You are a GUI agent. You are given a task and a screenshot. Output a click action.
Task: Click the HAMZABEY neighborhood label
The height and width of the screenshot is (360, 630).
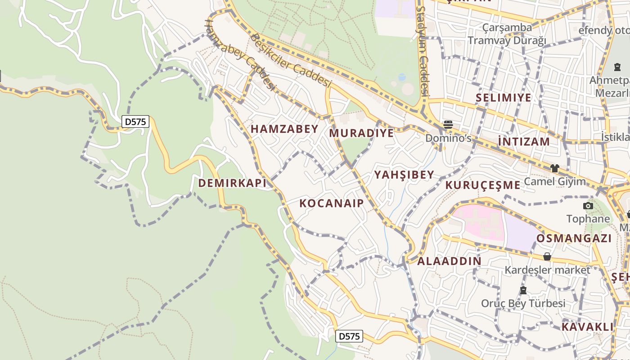[x=284, y=129]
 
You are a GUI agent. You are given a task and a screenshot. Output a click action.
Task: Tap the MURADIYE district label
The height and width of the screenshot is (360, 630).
[x=361, y=133]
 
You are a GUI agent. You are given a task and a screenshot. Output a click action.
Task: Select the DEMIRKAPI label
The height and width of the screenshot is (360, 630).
[x=232, y=183]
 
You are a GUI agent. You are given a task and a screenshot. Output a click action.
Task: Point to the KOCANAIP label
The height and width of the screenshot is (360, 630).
[x=332, y=203]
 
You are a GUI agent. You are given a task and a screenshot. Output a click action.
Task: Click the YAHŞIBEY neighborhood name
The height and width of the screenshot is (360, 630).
[x=404, y=175]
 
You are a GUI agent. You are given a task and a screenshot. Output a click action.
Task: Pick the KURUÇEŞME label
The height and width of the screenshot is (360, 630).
[x=483, y=185]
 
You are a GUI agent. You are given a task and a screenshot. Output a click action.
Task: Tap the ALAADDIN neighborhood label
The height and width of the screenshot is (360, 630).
[x=449, y=261]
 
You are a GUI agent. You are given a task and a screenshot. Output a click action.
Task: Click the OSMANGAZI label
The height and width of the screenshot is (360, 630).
[x=574, y=238]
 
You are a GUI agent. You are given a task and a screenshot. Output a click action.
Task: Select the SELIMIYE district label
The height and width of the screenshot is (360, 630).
[x=504, y=98]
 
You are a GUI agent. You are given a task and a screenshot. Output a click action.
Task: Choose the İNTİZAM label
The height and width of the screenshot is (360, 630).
[x=524, y=142]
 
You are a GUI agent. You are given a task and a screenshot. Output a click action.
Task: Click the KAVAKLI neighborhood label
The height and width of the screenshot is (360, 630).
[x=587, y=327]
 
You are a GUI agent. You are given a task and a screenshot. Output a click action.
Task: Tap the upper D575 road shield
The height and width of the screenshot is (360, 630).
[x=135, y=121]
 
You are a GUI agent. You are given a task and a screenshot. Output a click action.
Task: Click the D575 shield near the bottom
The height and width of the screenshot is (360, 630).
[x=349, y=336]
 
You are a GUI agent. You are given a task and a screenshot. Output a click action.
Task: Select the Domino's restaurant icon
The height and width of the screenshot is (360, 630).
[x=448, y=124]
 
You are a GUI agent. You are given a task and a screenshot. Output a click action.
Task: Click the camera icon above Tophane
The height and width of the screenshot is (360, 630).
[x=588, y=206]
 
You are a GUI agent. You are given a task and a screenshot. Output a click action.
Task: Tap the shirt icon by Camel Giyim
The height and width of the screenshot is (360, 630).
[x=554, y=168]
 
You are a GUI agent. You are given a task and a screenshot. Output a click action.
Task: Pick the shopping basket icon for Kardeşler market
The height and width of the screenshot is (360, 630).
[x=547, y=256]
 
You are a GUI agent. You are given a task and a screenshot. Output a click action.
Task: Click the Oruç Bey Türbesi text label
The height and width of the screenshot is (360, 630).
[x=523, y=303]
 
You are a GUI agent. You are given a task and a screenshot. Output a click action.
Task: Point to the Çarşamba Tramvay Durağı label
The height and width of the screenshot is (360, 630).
[x=507, y=34]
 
